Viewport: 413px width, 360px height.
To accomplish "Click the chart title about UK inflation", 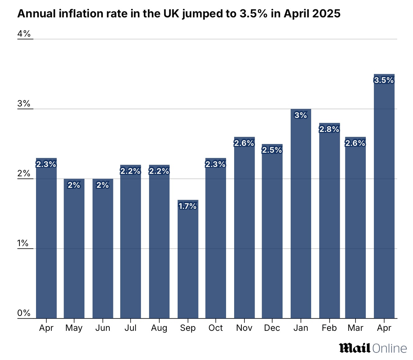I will pos(179,14).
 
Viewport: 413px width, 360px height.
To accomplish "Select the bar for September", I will pos(188,261).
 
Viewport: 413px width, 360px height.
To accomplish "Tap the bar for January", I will pos(301,217).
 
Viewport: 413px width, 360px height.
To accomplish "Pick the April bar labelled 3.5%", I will pos(384,199).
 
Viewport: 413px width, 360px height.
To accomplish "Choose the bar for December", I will pos(272,233).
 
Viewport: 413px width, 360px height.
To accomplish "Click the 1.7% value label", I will pos(188,206).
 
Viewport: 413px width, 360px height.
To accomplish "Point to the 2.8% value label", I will pos(329,129).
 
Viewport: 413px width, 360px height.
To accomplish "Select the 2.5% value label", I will pos(272,150).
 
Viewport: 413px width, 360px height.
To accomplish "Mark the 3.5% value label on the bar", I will pos(384,80).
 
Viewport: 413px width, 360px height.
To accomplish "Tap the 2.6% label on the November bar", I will pos(244,143).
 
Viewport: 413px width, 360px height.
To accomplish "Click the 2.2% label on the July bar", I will pos(130,171).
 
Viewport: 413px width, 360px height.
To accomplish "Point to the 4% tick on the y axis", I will pos(24,34).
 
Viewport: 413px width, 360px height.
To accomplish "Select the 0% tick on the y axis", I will pos(24,313).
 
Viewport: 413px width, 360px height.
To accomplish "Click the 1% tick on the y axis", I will pos(23,243).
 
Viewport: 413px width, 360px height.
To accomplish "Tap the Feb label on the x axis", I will pos(329,328).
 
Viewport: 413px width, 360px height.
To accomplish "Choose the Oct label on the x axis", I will pos(216,328).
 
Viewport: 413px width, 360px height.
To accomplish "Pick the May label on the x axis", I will pos(74,328).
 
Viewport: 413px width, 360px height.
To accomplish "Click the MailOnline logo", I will pos(373,348).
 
